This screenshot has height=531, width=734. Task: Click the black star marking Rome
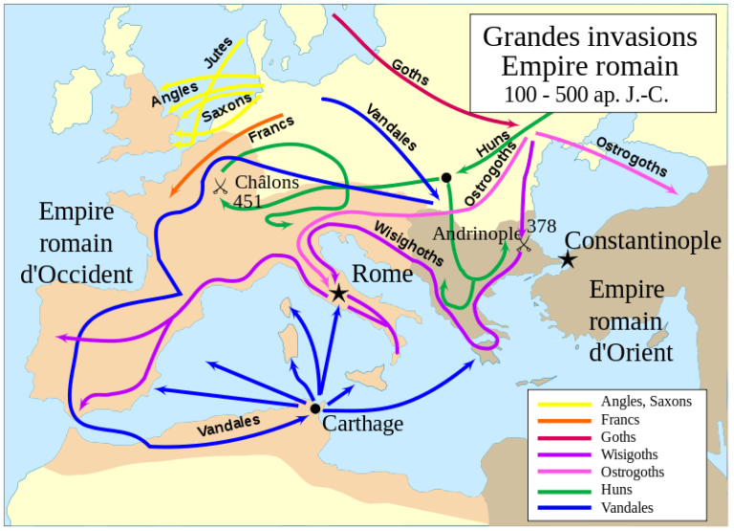pos(338,294)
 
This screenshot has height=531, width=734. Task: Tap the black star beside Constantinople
pos(568,259)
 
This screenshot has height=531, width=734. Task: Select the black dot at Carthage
pos(315,409)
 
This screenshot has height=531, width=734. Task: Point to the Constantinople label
pos(642,241)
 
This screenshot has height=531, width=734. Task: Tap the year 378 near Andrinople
pos(540,226)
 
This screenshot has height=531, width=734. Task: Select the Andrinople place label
pos(477,233)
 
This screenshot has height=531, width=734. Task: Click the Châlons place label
pos(267,182)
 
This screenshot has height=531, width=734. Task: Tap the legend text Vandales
pos(629,507)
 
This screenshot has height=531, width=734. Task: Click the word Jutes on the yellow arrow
pos(219,59)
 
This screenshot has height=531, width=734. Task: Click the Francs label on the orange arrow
pos(271,130)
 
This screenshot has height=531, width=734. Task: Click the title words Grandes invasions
pos(590,36)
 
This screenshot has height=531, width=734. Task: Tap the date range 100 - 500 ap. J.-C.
pos(590,94)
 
